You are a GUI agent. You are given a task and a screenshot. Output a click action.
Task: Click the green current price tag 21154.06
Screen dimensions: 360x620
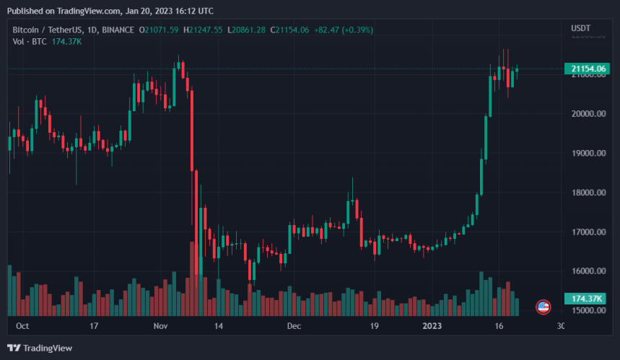[588, 69]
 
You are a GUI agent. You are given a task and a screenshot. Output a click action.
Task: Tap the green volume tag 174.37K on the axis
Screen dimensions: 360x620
[588, 299]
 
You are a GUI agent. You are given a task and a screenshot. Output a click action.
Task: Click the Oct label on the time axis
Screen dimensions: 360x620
[22, 326]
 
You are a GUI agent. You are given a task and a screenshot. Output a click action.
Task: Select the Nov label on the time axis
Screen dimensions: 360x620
[161, 326]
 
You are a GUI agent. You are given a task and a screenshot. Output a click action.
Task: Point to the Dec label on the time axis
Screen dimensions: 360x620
[294, 326]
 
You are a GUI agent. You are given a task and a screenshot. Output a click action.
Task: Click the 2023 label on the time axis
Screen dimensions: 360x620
[432, 326]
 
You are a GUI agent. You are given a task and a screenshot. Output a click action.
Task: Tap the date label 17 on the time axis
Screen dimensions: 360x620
[93, 326]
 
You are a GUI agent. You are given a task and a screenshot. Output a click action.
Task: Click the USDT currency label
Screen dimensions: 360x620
[581, 28]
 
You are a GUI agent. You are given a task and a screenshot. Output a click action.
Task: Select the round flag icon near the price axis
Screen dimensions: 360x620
[543, 307]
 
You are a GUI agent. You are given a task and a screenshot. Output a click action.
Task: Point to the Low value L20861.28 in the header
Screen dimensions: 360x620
[246, 30]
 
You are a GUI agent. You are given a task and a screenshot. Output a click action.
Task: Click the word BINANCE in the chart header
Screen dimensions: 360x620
[119, 30]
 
